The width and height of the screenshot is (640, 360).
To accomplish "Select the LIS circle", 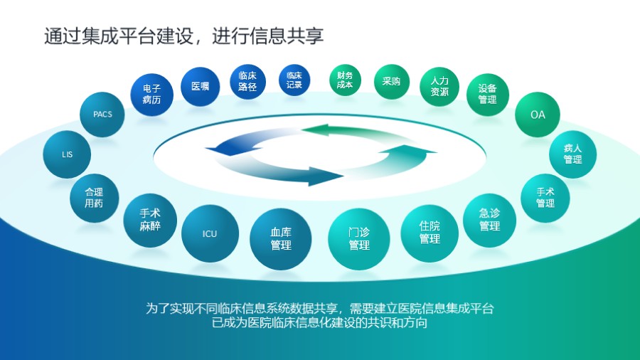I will click(x=67, y=154).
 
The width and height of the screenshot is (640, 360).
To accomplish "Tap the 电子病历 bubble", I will click(x=151, y=95).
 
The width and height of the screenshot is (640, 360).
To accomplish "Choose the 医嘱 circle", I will click(x=200, y=87).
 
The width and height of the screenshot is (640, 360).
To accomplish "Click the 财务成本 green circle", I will click(x=345, y=80).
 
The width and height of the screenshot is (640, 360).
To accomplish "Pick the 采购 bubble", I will click(x=391, y=82).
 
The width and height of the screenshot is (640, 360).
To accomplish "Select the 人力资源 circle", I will click(x=439, y=87).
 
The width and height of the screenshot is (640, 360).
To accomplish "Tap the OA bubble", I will click(x=538, y=115).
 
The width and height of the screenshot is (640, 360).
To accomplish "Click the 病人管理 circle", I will click(x=572, y=154).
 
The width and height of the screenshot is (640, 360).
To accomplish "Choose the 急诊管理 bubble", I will click(x=489, y=220).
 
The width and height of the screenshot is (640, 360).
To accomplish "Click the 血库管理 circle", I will click(x=281, y=239).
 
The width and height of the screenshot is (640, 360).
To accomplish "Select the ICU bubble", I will click(x=210, y=234).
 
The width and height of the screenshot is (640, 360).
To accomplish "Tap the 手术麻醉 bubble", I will click(x=150, y=220).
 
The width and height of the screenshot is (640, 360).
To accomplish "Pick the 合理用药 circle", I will click(x=94, y=198).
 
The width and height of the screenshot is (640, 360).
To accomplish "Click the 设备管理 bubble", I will click(x=488, y=95).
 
